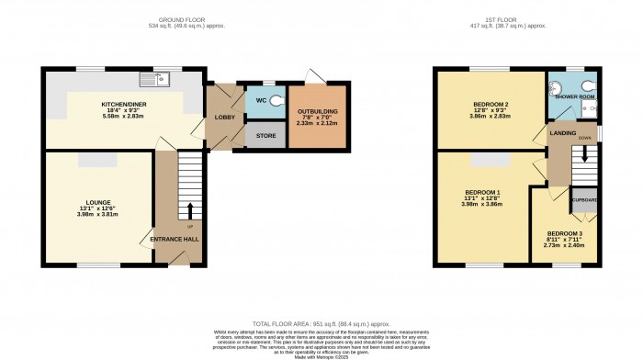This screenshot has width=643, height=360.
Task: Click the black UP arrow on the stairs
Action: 190,211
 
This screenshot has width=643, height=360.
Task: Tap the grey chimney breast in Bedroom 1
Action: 485,162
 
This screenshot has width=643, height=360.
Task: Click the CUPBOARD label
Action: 585,199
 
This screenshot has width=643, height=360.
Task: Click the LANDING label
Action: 562,134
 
